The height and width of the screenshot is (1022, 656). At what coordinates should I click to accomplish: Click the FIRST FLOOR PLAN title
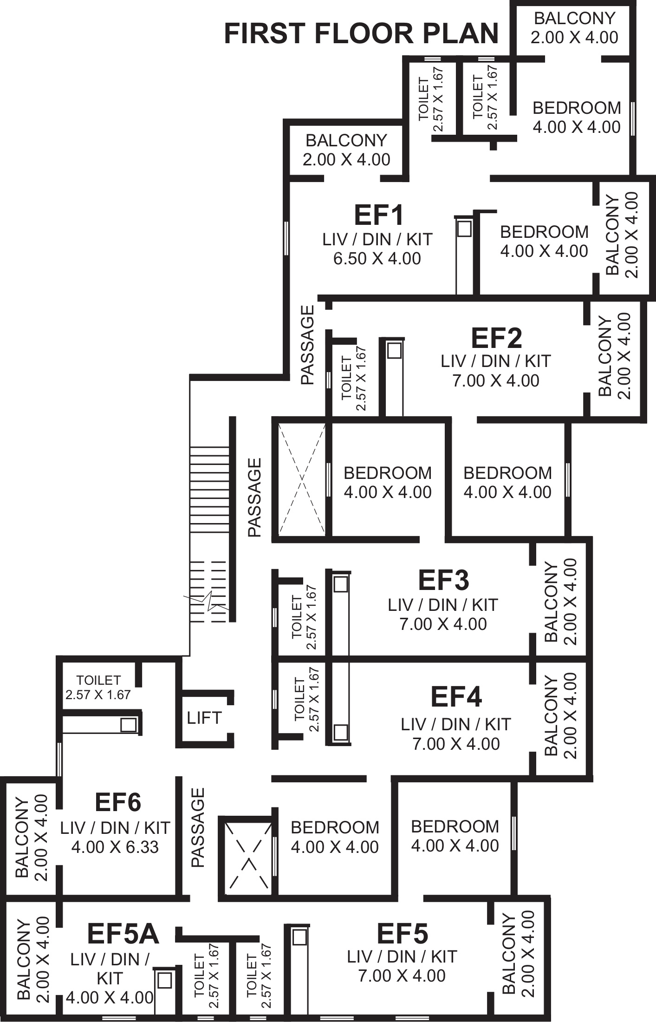[x=361, y=34]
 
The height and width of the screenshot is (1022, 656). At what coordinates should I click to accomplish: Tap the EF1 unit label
[x=378, y=216]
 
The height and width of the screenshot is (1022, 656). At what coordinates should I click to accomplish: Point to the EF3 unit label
[x=443, y=580]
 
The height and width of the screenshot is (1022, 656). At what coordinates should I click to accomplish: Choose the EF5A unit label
[x=123, y=934]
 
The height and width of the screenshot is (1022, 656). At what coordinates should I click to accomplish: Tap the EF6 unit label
[x=118, y=802]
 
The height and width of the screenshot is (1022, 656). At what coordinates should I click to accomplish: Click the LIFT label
[x=204, y=718]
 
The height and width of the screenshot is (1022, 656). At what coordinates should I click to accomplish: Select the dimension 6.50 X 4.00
[x=377, y=258]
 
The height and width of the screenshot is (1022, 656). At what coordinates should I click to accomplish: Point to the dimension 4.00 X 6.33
[x=115, y=847]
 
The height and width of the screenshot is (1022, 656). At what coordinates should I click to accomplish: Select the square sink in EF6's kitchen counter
[x=128, y=725]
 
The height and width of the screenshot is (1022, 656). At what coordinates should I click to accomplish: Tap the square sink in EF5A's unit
[x=165, y=981]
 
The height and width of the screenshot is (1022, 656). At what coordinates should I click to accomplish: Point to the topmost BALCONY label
[x=574, y=19]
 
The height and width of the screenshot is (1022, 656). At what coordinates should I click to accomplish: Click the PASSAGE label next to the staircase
[x=254, y=498]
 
